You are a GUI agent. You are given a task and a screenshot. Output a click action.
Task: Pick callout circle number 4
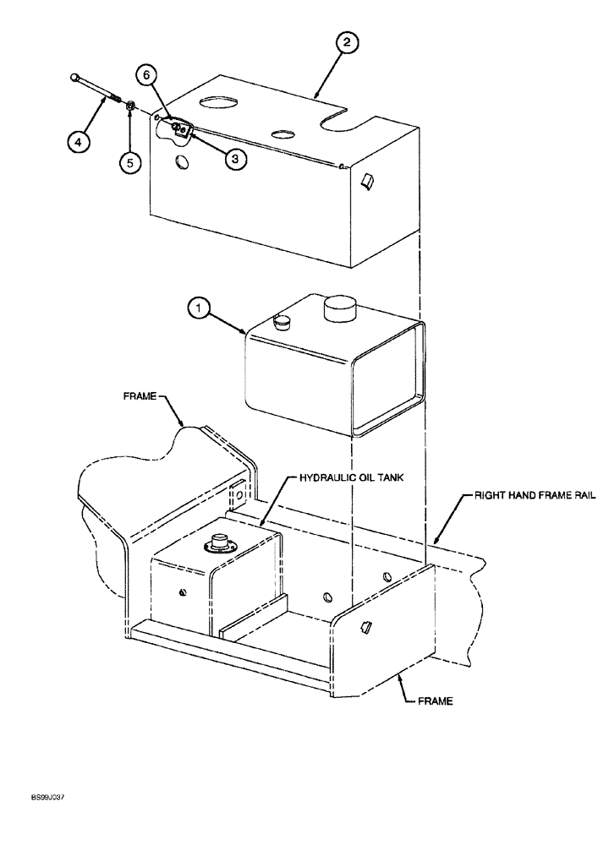tap(77, 142)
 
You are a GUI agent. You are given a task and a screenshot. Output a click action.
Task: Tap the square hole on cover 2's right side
tap(369, 180)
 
